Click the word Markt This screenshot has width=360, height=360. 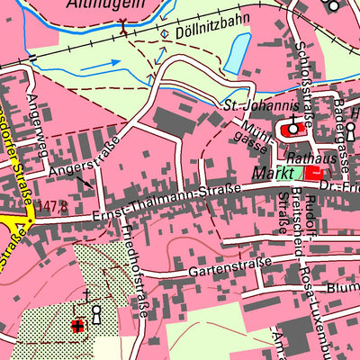coord(275,171)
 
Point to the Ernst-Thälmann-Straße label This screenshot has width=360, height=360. coord(166,201)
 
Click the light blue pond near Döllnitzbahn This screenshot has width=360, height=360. coord(236,55)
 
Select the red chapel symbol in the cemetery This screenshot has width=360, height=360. coord(78,326)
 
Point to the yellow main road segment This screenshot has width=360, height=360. coord(13,222)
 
